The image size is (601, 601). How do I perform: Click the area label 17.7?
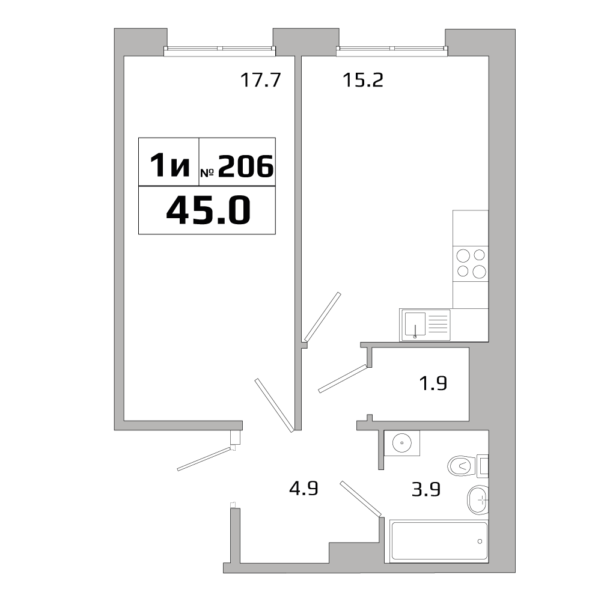click(261, 81)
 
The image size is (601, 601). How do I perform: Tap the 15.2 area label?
click(362, 81)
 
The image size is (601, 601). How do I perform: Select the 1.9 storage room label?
click(433, 383)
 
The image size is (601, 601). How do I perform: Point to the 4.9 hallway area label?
click(304, 489)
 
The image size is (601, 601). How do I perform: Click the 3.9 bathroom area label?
click(426, 489)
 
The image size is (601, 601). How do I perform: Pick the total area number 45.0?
click(209, 210)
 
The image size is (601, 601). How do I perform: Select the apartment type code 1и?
click(170, 165)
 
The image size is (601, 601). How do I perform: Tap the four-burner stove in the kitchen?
click(471, 263)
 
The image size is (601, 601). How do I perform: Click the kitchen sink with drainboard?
click(425, 325)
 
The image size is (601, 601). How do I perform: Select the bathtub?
click(439, 541)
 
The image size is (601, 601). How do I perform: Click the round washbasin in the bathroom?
click(402, 443)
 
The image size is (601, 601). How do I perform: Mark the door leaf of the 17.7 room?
click(275, 406)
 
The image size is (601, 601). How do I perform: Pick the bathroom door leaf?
click(361, 499)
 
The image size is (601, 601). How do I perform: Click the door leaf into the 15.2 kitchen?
click(322, 317)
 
